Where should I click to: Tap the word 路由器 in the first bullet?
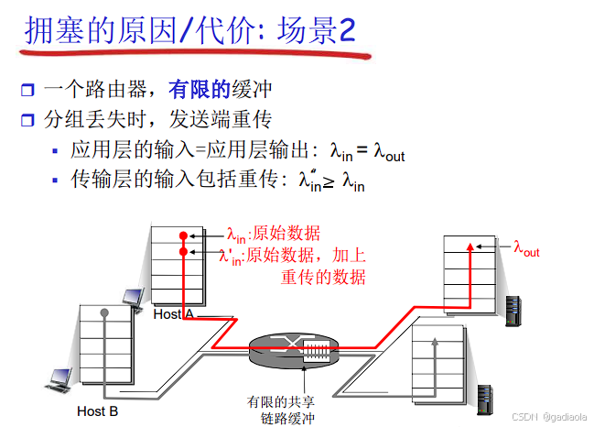(119, 90)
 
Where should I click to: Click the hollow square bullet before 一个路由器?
(27, 91)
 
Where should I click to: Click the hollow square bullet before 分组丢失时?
(27, 120)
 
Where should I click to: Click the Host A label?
(173, 314)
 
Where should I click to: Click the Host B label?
(97, 411)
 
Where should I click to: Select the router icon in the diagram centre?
(292, 349)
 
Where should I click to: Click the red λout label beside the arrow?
(526, 248)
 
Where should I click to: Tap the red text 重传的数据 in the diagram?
(323, 276)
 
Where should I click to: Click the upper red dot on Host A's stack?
(183, 235)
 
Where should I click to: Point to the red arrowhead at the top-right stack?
(470, 246)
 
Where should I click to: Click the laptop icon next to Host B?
(61, 377)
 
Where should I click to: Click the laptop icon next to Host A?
(132, 298)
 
